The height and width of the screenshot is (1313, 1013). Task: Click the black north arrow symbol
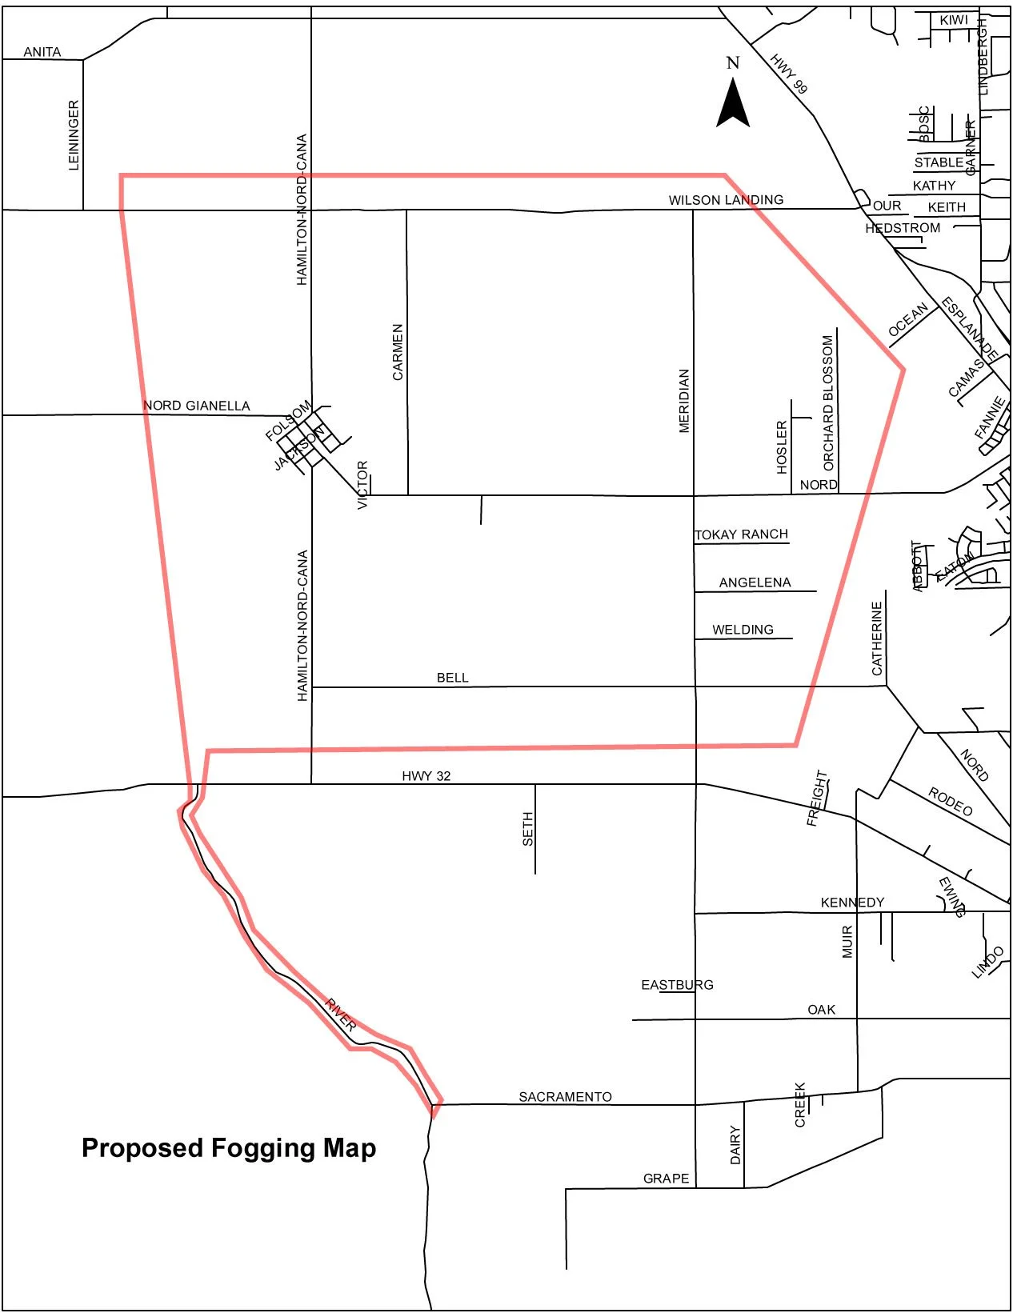point(732,105)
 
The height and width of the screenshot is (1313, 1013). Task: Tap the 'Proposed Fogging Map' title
point(229,1148)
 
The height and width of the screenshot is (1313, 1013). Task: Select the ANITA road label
point(42,52)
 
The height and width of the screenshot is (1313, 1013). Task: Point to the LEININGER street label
point(74,135)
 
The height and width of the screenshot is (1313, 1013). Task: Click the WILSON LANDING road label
point(726,200)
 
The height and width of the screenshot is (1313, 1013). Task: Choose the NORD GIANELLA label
point(196,406)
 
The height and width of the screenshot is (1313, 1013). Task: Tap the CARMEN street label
point(398,352)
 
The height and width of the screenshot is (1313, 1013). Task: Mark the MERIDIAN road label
point(684,401)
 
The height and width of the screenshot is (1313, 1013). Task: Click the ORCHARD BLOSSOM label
point(828,402)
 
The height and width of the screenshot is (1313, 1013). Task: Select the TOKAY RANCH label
point(742,534)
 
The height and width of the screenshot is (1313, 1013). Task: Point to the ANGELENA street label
point(755,582)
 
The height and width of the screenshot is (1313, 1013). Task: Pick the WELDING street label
point(743,630)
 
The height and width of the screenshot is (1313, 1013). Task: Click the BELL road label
point(452,678)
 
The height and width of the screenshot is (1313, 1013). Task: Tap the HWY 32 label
point(426,775)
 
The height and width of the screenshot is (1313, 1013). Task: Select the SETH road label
point(527,829)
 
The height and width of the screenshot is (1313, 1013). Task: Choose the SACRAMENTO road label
point(565,1097)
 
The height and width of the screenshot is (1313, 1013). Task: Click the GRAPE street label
point(666,1179)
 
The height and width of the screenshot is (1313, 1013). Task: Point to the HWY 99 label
point(789,74)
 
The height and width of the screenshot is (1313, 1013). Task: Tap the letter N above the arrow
point(732,62)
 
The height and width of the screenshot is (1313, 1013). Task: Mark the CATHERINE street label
point(877,638)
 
